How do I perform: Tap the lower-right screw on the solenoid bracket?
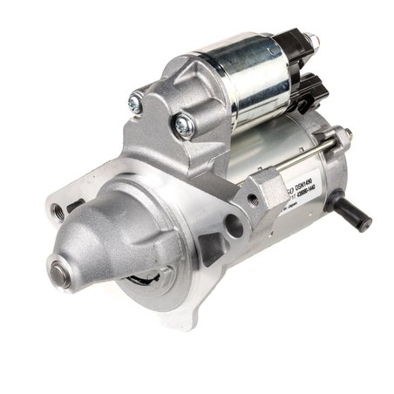click(183, 126)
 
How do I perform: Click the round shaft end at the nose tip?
click(62, 272)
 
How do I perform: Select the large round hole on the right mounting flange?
click(233, 226)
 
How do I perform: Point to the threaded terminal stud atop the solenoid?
click(310, 41)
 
